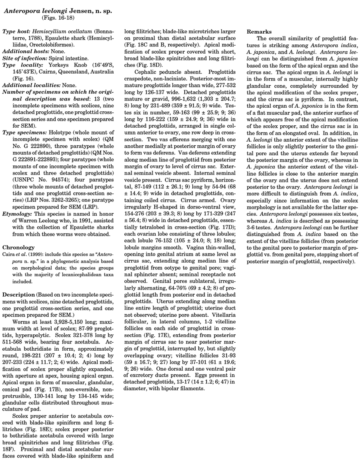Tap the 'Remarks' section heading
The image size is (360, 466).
[260, 31]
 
